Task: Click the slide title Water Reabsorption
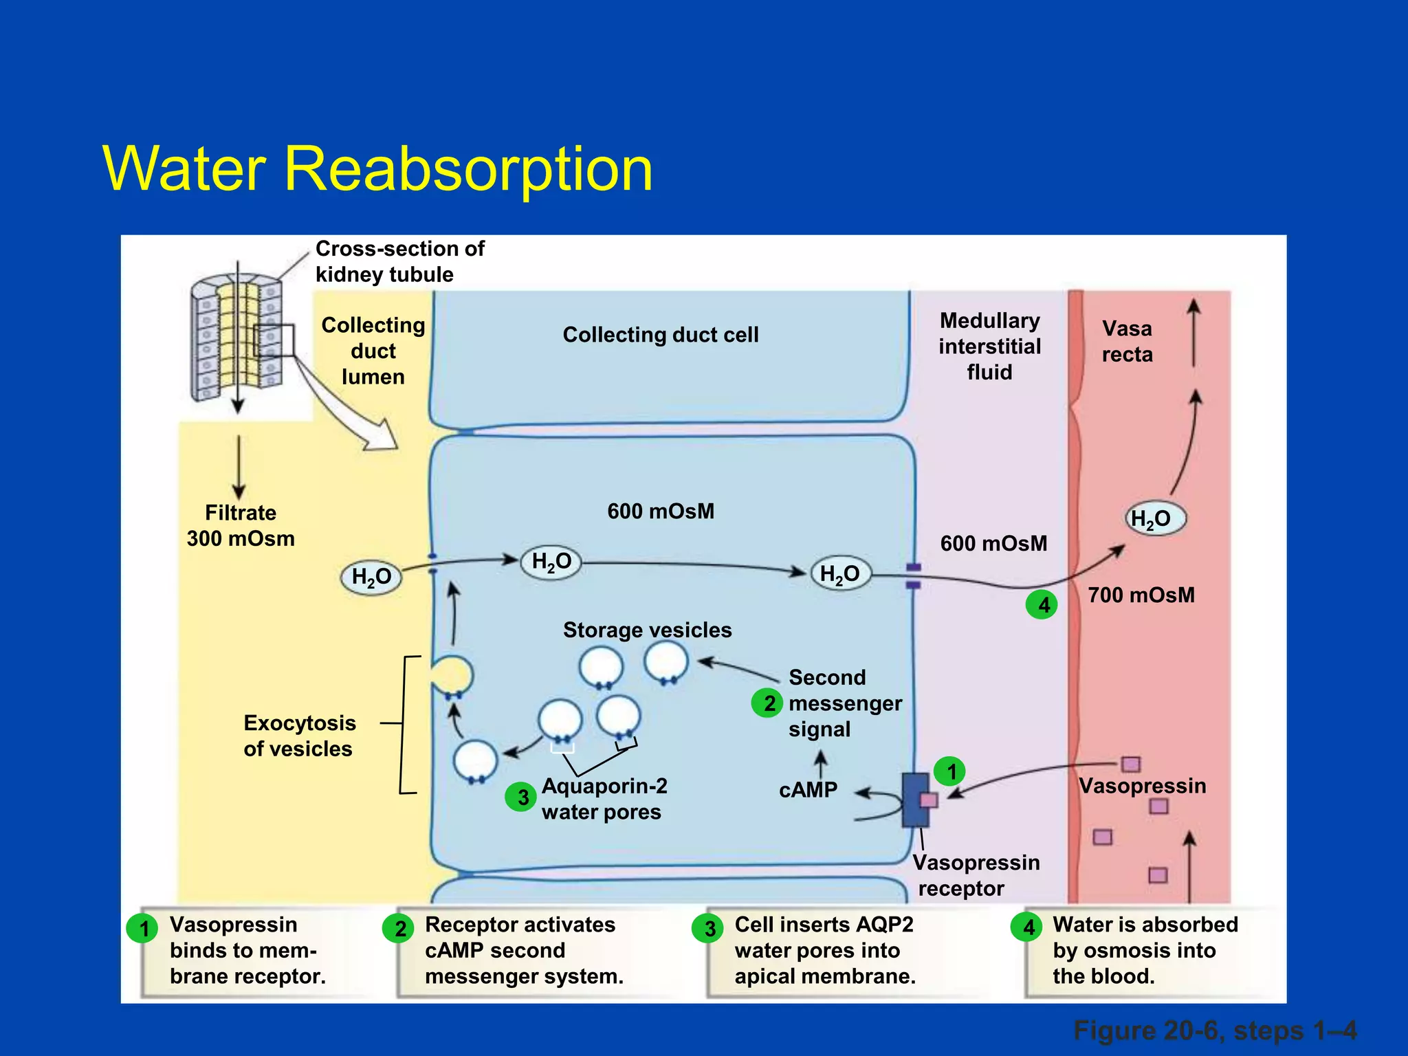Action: click(x=377, y=168)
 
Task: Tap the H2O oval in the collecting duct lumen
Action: click(x=371, y=577)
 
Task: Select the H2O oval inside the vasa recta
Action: click(x=1156, y=519)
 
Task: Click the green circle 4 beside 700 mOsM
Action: click(x=1042, y=605)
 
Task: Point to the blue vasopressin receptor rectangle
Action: click(x=914, y=800)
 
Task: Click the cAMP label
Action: click(x=808, y=791)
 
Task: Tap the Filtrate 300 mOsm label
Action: click(x=241, y=526)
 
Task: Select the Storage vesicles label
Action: click(x=647, y=630)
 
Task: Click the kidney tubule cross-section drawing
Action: click(x=237, y=337)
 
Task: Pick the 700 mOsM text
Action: click(x=1141, y=595)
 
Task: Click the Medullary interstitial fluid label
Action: click(x=989, y=346)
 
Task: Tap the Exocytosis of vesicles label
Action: click(x=300, y=736)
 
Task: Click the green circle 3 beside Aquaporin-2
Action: click(x=521, y=797)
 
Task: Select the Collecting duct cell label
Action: click(x=660, y=335)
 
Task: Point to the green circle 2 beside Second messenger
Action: click(x=767, y=703)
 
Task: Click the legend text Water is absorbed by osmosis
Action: click(x=1145, y=950)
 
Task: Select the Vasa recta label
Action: click(x=1127, y=342)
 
